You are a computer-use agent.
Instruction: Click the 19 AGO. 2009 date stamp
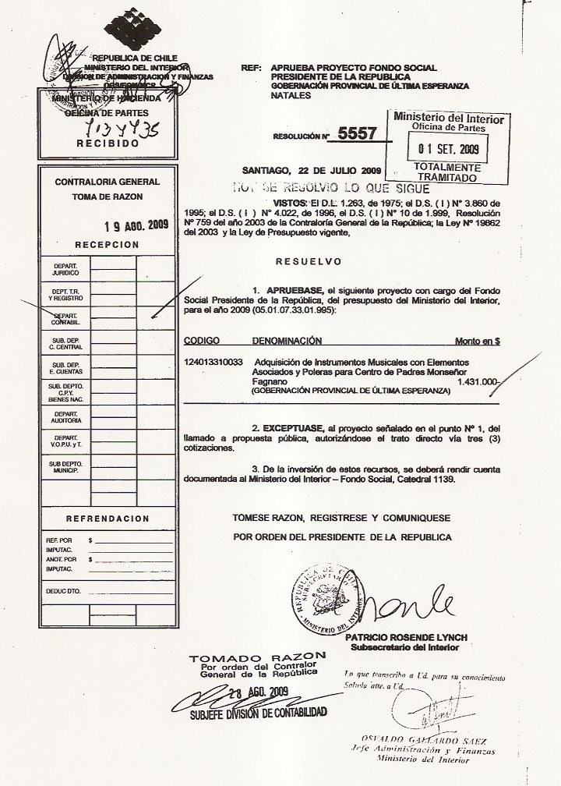click(x=136, y=226)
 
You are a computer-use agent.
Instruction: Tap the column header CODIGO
click(x=202, y=341)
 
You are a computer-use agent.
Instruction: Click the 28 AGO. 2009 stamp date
click(x=259, y=692)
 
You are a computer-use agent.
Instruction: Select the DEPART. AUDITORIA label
click(x=65, y=417)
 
